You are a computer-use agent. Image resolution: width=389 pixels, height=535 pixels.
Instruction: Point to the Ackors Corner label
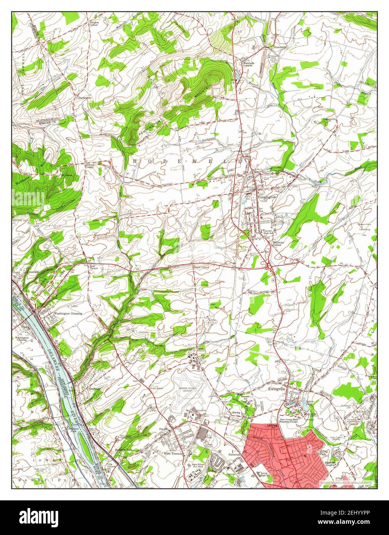click(x=90, y=166)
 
